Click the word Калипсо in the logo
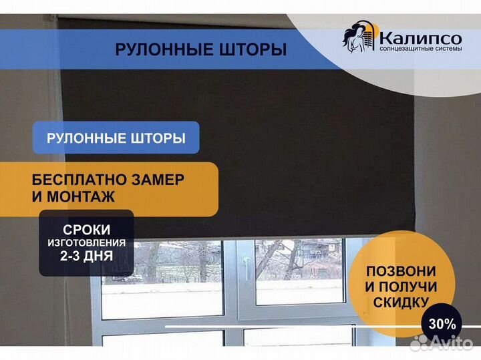421,39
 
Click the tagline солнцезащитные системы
421,49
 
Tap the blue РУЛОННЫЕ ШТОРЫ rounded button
116,138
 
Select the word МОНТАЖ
81,196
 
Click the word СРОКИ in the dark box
86,230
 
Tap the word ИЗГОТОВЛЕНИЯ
86,242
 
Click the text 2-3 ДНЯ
86,256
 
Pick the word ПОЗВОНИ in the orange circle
401,271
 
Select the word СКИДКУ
401,303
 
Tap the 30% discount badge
442,323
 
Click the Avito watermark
442,342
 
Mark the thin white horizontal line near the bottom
323,327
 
